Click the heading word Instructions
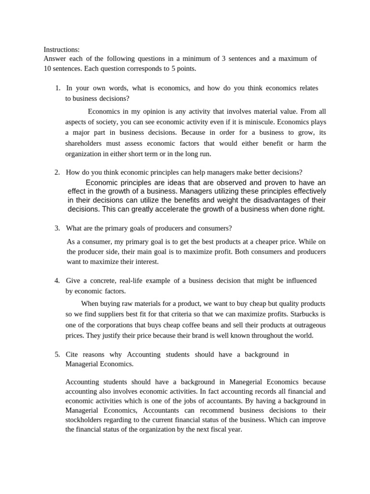[62, 49]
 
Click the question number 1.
[57, 88]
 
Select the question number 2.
[57, 172]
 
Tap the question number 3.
[57, 228]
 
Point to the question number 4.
[57, 280]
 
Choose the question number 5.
[57, 354]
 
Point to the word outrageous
[306, 325]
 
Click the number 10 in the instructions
[48, 69]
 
